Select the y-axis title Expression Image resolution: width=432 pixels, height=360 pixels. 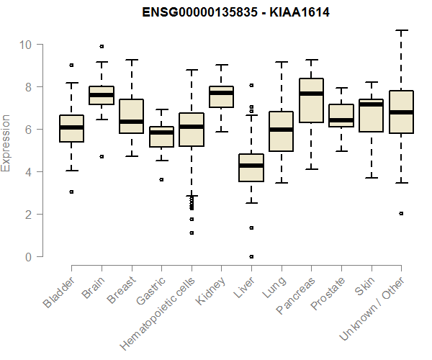6,143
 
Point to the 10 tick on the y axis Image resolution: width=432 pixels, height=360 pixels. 27,45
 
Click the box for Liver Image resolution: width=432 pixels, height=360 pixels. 251,168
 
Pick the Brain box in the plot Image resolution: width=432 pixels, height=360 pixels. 102,95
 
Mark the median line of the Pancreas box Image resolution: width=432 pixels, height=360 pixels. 311,94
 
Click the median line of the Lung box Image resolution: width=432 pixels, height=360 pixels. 281,130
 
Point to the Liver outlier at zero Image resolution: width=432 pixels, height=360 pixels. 251,256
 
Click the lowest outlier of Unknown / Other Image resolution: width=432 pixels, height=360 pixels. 401,213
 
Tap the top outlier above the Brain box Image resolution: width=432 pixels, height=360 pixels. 102,46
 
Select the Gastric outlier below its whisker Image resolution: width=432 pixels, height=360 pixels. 161,179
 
